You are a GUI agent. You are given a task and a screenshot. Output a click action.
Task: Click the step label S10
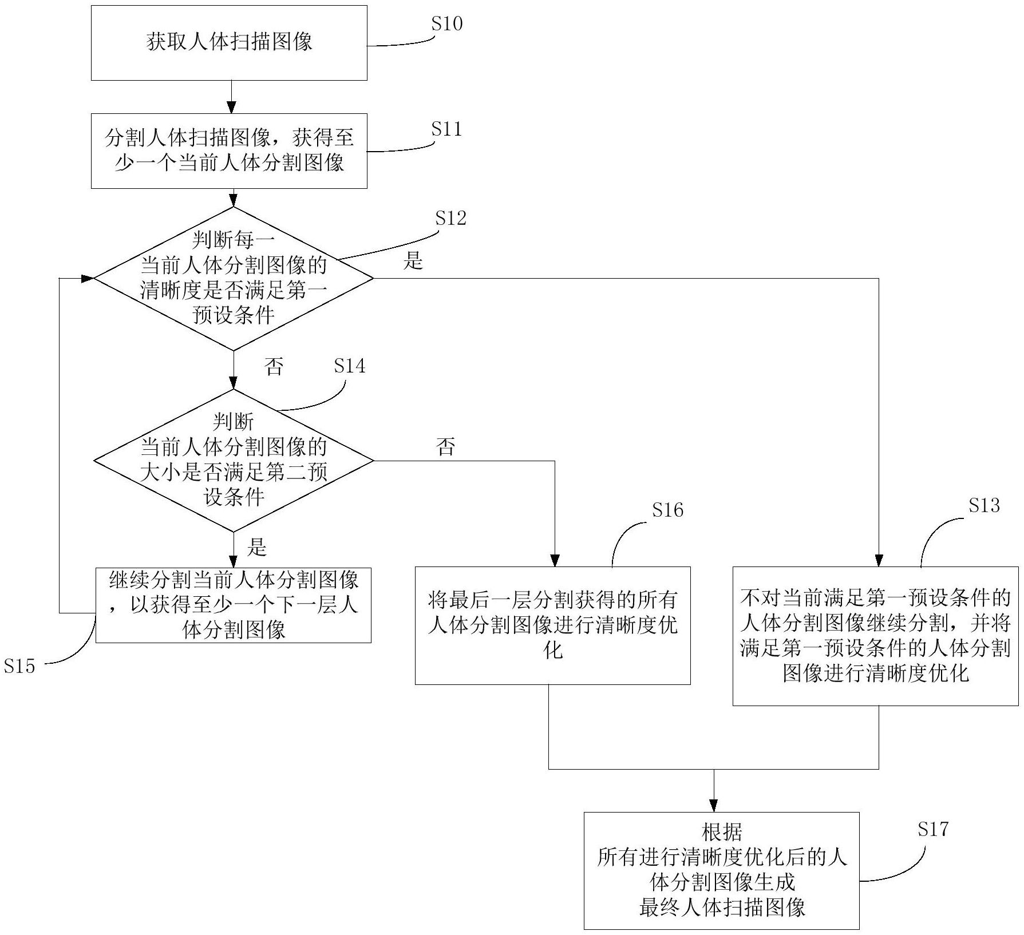click(446, 24)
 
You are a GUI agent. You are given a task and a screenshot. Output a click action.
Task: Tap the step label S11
click(446, 129)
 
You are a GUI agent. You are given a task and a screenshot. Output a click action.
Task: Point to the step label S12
click(450, 218)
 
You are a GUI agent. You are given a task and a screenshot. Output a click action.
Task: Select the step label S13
click(984, 505)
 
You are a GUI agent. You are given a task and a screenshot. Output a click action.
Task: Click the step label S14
click(349, 366)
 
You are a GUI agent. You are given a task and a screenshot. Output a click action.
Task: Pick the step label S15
click(19, 666)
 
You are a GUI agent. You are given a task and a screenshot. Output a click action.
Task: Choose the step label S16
click(667, 510)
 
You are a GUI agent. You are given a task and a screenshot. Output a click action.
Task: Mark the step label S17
click(933, 829)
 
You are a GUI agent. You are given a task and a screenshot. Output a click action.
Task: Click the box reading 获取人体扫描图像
click(229, 43)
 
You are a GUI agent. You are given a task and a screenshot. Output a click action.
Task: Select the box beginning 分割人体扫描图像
click(229, 151)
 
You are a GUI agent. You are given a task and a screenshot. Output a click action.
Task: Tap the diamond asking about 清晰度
click(234, 279)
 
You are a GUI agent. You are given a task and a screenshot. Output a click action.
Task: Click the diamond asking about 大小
click(234, 461)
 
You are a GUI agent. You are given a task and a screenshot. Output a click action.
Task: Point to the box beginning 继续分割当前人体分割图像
click(234, 605)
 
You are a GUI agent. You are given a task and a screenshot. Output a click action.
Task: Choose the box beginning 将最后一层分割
click(552, 625)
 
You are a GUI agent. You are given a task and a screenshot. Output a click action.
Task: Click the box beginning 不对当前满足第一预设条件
click(875, 636)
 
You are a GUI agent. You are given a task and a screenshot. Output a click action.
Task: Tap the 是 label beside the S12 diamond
click(413, 261)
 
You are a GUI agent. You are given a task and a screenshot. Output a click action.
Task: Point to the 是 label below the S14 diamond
click(256, 548)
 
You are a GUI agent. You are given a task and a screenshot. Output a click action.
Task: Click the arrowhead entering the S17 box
click(714, 806)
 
